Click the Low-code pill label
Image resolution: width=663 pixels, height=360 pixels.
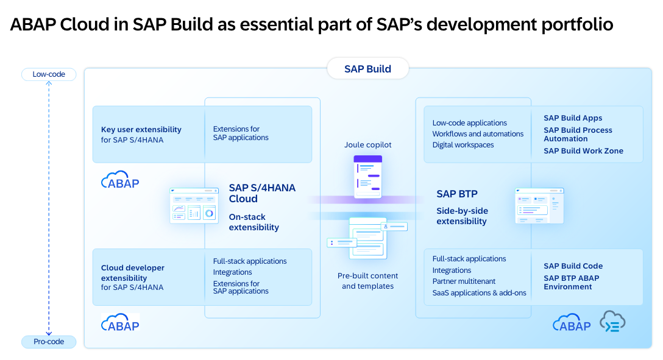[x=49, y=74]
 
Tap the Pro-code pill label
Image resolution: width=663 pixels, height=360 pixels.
[x=49, y=342]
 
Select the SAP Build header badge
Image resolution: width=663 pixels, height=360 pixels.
[x=367, y=69]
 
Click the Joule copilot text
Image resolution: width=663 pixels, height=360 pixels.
[x=367, y=145]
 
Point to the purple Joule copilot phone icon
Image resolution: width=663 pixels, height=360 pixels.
[x=367, y=177]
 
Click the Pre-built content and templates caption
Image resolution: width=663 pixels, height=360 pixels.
[x=367, y=281]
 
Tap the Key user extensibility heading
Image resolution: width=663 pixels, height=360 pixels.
[x=141, y=130]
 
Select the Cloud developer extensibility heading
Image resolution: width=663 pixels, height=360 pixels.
[x=133, y=273]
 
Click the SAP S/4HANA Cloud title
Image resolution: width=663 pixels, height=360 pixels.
[x=262, y=193]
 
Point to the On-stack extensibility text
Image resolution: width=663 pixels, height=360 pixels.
[x=253, y=222]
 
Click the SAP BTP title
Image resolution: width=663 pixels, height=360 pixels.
[x=457, y=194]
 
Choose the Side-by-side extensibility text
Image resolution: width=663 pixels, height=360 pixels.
[x=462, y=216]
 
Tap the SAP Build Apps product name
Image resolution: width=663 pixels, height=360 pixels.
[x=573, y=118]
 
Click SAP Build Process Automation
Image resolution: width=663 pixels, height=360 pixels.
[x=578, y=134]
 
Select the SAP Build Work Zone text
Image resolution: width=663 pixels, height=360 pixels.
[x=583, y=151]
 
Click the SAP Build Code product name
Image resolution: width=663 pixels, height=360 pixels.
[x=573, y=266]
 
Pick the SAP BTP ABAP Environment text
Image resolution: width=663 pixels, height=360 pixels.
[x=572, y=282]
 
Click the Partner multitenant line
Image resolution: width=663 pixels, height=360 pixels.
[x=464, y=281]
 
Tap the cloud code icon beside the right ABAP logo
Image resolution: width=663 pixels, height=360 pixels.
[x=612, y=322]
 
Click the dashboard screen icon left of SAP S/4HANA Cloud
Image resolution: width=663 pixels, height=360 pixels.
[x=194, y=205]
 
